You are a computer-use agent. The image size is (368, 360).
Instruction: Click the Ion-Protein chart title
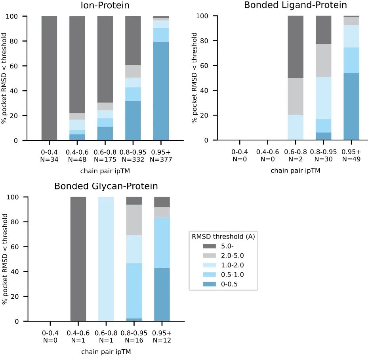106,6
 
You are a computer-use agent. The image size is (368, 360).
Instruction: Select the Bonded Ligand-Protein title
295,5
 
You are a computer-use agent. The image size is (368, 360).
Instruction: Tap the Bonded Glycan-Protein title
106,186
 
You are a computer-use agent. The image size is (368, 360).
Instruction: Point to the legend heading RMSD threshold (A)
223,237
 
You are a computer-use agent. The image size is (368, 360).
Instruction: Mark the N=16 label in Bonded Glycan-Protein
133,339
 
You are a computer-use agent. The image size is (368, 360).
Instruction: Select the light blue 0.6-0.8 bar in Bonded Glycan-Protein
106,259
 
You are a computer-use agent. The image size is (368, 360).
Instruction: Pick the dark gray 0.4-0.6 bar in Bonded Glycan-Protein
78,259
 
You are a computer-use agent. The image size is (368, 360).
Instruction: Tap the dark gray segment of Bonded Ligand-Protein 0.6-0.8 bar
295,47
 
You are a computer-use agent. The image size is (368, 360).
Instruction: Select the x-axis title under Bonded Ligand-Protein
295,171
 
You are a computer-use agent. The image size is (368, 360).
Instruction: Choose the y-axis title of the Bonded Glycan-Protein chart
6,259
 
